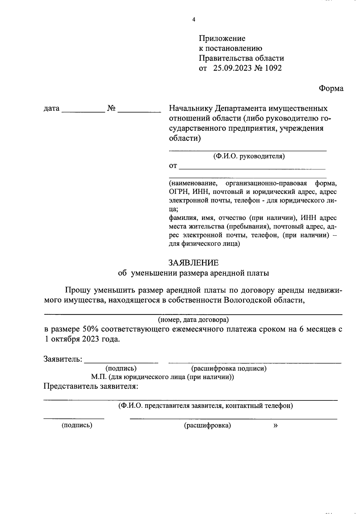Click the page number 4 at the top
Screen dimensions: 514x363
(194, 20)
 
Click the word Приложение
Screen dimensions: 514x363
(222, 38)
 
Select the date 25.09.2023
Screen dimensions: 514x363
(232, 68)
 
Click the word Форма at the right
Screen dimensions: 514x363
(331, 88)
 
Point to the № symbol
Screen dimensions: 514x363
(111, 108)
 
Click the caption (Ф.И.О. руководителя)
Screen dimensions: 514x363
(249, 156)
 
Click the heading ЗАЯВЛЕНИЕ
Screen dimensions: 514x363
(193, 262)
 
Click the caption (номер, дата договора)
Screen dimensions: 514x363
(193, 320)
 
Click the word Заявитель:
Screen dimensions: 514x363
(63, 359)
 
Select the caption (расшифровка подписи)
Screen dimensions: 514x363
(228, 369)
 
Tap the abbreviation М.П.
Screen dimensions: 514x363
(97, 377)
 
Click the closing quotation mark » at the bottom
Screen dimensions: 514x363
(275, 425)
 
